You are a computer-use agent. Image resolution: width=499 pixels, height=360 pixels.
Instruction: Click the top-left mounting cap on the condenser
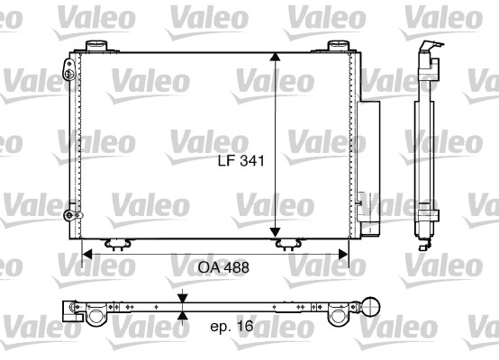pos(96,46)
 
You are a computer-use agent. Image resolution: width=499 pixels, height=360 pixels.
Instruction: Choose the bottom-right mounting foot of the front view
pos(289,242)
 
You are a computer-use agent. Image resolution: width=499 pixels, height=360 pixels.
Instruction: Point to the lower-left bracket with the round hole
pos(69,215)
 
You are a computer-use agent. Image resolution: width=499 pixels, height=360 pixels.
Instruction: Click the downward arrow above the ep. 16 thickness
pos(182,298)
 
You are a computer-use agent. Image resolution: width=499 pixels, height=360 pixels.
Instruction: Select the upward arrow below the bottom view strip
pos(182,315)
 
